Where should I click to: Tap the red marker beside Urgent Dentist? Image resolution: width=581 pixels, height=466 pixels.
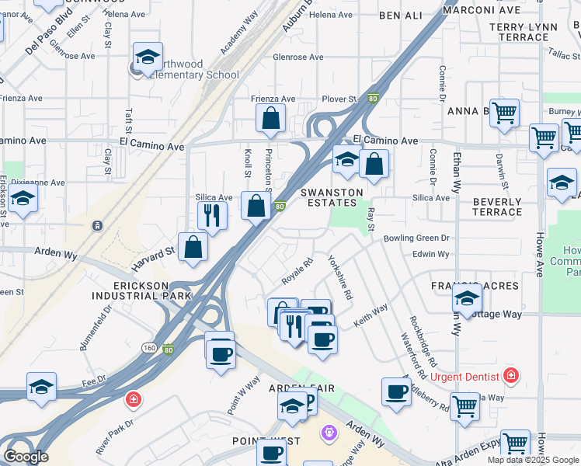pos(510,376)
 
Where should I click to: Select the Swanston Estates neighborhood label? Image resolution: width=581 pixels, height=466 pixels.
pos(327,197)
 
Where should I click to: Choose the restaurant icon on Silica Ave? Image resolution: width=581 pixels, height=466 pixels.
pos(212,215)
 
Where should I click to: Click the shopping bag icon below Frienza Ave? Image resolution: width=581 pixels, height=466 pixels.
pos(271,120)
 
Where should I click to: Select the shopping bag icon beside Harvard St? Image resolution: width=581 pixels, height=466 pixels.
pos(193,248)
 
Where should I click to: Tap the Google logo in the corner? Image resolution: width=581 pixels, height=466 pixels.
pos(25,457)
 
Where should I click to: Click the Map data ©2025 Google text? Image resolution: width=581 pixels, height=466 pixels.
pos(533,460)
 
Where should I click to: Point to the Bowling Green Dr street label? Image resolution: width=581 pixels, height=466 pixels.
pos(416,238)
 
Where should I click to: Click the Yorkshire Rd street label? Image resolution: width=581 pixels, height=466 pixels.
pos(340,277)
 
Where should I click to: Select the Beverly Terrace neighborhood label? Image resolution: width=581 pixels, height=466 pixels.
pos(497,207)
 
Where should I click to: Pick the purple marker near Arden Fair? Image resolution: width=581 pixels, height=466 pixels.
pos(329,430)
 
